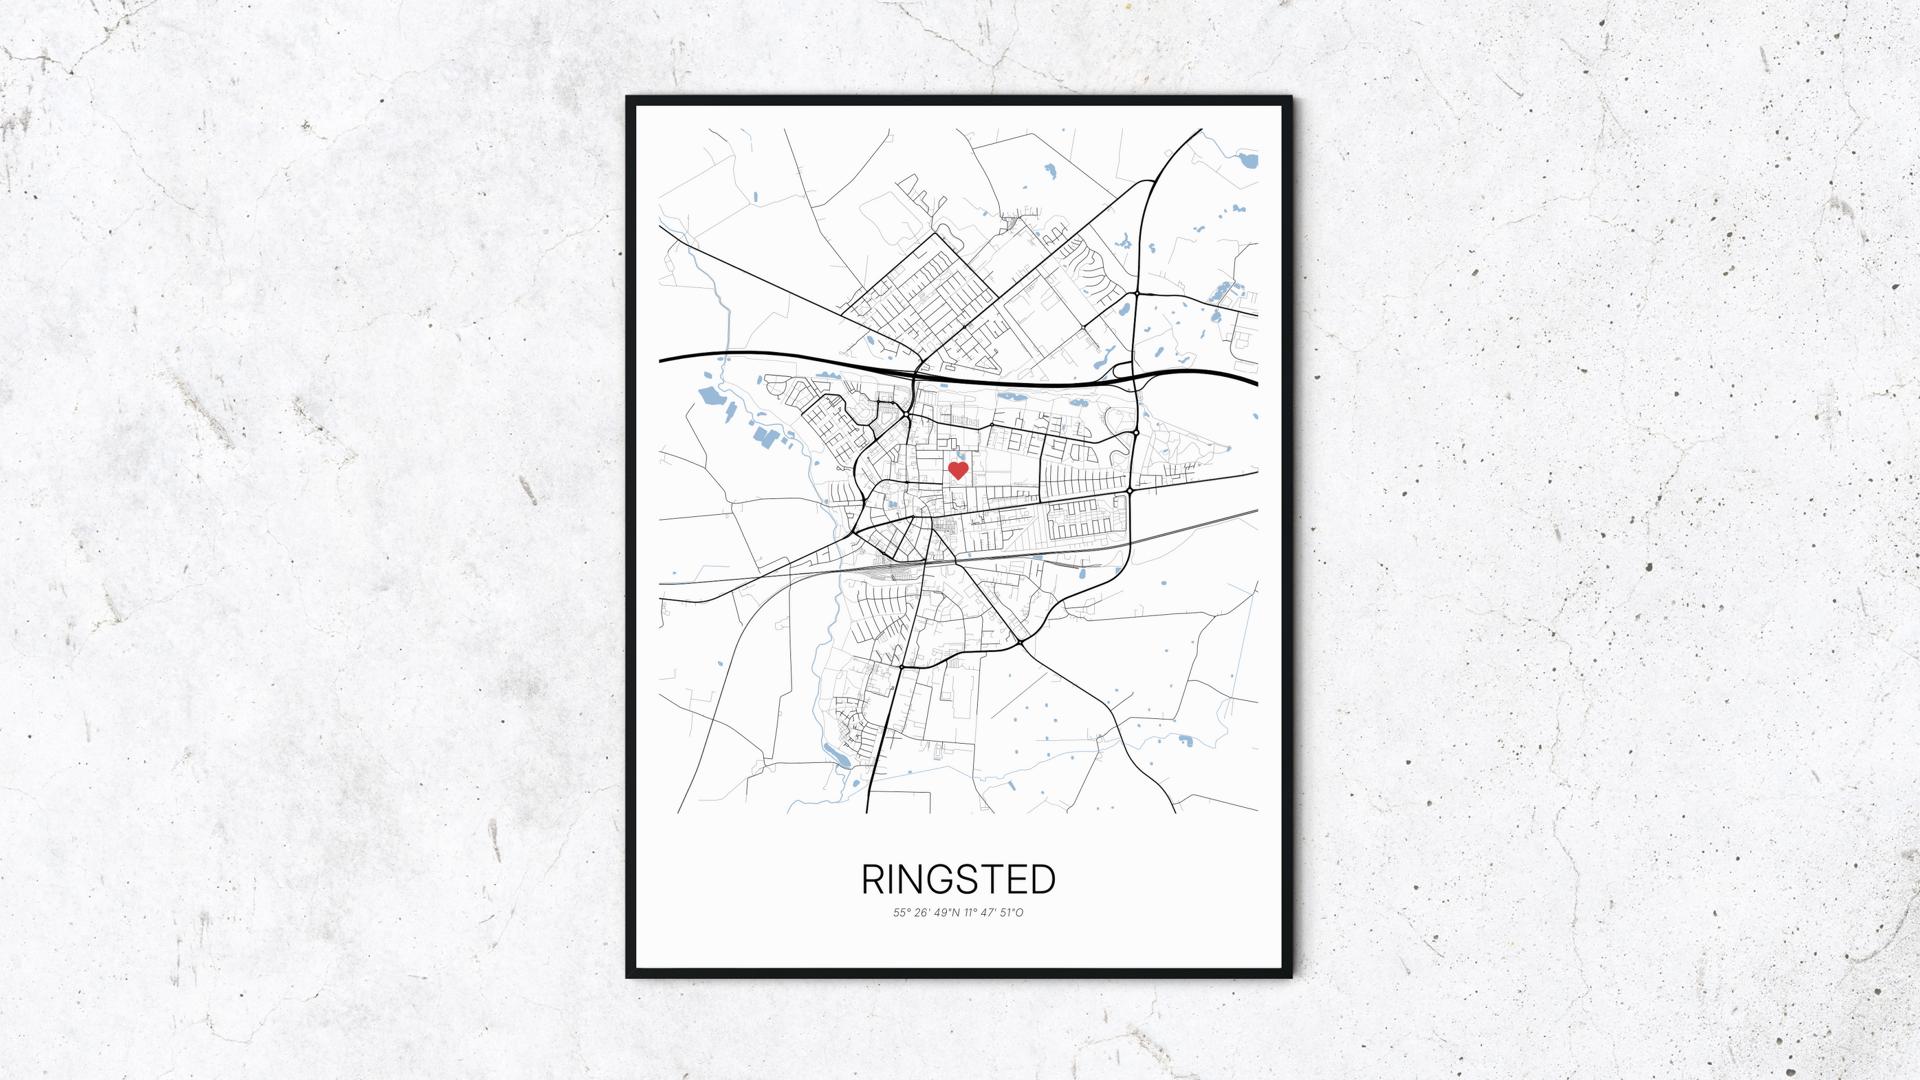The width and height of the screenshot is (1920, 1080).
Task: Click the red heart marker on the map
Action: [958, 470]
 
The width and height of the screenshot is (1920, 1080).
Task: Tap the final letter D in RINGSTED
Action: [1042, 880]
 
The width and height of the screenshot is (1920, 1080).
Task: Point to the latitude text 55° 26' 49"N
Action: [927, 912]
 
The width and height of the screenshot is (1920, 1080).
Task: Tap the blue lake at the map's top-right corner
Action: [1247, 159]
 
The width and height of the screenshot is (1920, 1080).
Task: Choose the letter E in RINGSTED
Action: [1017, 880]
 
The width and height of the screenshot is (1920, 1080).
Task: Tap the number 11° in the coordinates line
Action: [971, 912]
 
